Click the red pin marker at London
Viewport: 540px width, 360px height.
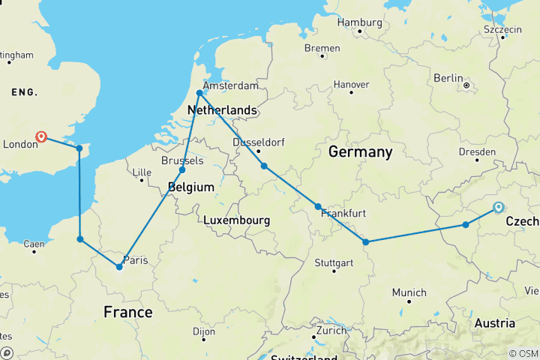click(41, 137)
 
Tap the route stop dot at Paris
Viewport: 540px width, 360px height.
click(119, 267)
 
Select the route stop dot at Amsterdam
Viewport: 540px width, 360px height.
click(199, 93)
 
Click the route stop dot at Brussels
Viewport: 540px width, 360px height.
click(182, 170)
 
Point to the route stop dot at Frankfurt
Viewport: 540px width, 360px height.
click(318, 206)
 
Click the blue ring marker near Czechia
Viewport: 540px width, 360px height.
click(499, 208)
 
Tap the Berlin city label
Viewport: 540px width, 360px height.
click(449, 78)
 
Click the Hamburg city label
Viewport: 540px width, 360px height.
click(360, 22)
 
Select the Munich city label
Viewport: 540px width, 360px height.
click(409, 292)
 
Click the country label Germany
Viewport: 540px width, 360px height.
click(360, 152)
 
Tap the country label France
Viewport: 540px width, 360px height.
click(127, 312)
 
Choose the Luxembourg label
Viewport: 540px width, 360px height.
click(236, 220)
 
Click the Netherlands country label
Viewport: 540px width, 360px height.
click(222, 110)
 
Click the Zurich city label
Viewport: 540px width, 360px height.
click(331, 330)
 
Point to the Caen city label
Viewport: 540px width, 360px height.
click(34, 244)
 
